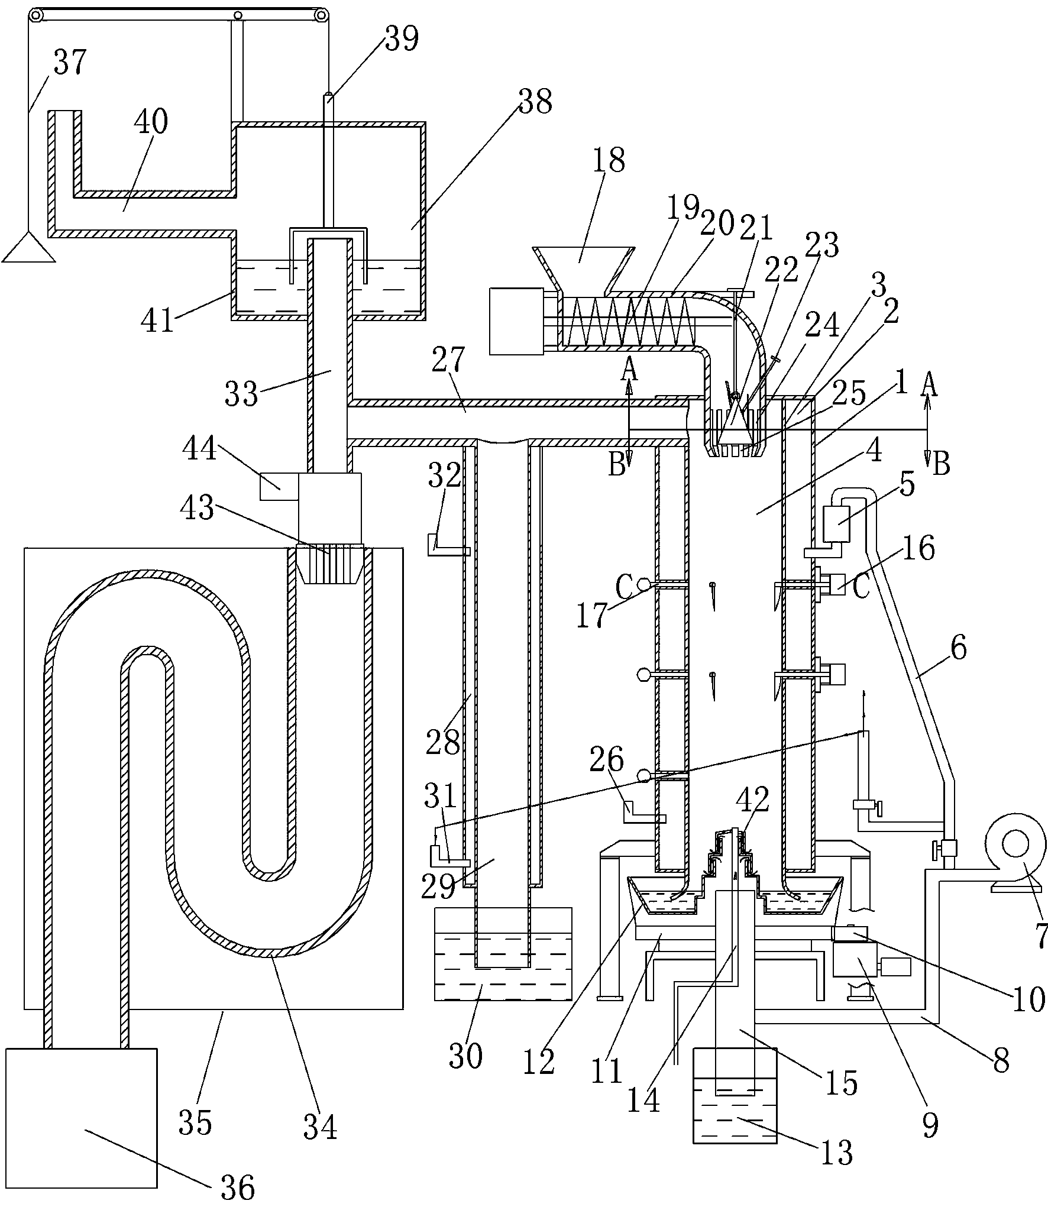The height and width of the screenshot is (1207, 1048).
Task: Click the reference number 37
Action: tap(70, 63)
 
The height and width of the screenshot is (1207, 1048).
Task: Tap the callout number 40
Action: tap(151, 122)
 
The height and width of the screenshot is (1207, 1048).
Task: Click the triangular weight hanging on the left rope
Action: tap(29, 248)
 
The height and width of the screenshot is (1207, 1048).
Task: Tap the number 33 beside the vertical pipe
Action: tap(242, 393)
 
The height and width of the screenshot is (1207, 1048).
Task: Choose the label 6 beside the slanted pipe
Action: tap(958, 648)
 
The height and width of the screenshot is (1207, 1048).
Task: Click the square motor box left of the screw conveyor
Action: tap(516, 321)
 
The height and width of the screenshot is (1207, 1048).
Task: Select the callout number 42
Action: tap(752, 800)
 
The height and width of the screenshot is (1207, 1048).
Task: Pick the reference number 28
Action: tap(443, 740)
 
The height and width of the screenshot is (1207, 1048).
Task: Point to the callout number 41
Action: tap(159, 321)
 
